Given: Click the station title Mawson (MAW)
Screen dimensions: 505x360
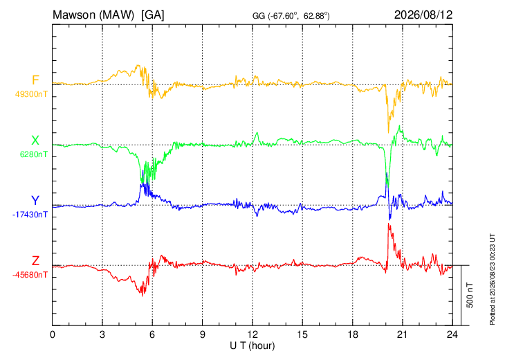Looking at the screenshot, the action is pyautogui.click(x=93, y=15).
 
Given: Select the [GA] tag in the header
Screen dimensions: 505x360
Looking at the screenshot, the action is pyautogui.click(x=153, y=15).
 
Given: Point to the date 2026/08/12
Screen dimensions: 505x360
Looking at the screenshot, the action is pyautogui.click(x=423, y=15).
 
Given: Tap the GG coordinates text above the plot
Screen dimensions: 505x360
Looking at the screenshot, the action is pyautogui.click(x=291, y=16).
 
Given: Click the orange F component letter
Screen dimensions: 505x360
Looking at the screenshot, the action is pyautogui.click(x=35, y=80).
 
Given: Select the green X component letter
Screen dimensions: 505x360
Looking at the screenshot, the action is pyautogui.click(x=35, y=141).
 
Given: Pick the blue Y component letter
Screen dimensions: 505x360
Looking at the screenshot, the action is pyautogui.click(x=35, y=201).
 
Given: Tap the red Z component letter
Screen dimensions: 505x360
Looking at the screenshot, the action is pyautogui.click(x=35, y=260).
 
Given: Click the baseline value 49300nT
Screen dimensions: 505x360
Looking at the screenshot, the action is pyautogui.click(x=31, y=94).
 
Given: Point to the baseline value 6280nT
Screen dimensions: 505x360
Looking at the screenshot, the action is pyautogui.click(x=33, y=154).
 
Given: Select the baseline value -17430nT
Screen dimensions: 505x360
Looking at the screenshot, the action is pyautogui.click(x=30, y=215).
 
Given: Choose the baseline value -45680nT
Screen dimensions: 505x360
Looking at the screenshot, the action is pyautogui.click(x=30, y=275).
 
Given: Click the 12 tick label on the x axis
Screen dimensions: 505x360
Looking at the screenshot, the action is pyautogui.click(x=252, y=334).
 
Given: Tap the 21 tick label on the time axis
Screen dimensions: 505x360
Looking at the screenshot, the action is pyautogui.click(x=403, y=334).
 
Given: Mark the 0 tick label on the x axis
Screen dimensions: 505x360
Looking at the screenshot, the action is pyautogui.click(x=53, y=334).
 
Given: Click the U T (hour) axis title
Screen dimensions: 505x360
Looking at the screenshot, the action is pyautogui.click(x=252, y=346).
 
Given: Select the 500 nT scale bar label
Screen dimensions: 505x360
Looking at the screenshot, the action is pyautogui.click(x=470, y=295).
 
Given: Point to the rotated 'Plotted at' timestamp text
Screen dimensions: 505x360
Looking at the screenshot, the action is pyautogui.click(x=492, y=279).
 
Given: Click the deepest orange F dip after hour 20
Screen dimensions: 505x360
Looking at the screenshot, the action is pyautogui.click(x=388, y=132).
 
